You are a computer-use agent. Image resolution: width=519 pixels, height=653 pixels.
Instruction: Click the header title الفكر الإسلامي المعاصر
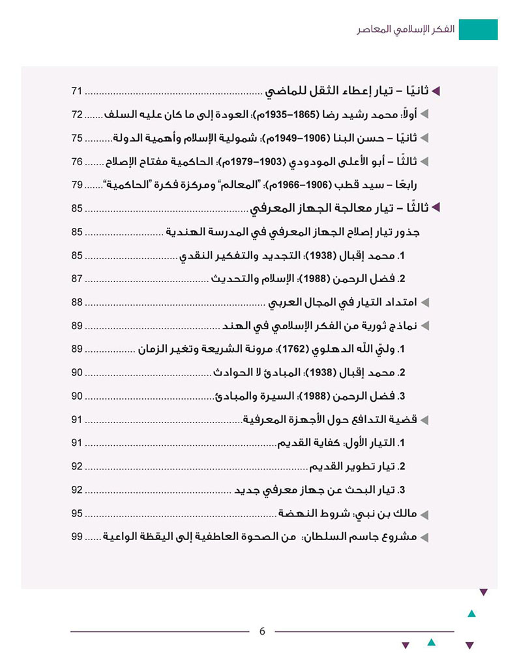[404, 30]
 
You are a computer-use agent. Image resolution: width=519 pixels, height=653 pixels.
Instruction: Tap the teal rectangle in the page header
[478, 29]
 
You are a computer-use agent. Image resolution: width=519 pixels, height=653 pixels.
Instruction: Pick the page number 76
[77, 161]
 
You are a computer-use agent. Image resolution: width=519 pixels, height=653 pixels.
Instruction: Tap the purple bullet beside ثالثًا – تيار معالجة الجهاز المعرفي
[437, 208]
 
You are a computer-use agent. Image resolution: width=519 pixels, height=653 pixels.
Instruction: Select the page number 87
[77, 279]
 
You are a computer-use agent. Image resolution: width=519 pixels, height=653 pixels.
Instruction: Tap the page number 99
[77, 537]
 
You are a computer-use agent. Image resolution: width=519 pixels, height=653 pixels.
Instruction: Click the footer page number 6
[262, 631]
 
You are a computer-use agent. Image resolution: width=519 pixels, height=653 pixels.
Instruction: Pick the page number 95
[77, 513]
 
